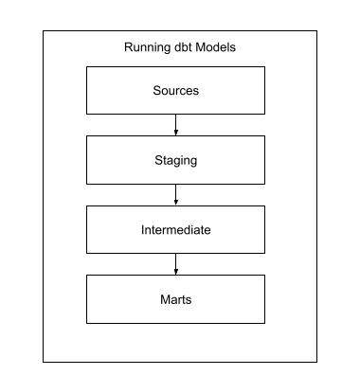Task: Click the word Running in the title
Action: pyautogui.click(x=148, y=48)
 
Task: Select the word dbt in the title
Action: pyautogui.click(x=183, y=47)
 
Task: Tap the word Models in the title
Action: pyautogui.click(x=216, y=47)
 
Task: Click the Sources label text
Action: pyautogui.click(x=176, y=91)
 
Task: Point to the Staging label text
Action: pyautogui.click(x=176, y=161)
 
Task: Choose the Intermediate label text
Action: pyautogui.click(x=176, y=230)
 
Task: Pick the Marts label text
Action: pyautogui.click(x=176, y=299)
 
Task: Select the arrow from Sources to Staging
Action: pyautogui.click(x=176, y=125)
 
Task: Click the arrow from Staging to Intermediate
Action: pyautogui.click(x=176, y=195)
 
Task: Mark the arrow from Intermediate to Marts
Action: pyautogui.click(x=176, y=264)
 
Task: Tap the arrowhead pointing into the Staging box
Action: pyautogui.click(x=176, y=133)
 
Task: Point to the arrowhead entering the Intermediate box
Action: pyautogui.click(x=176, y=203)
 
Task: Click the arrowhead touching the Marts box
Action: pyautogui.click(x=176, y=272)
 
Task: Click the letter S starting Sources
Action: pyautogui.click(x=157, y=91)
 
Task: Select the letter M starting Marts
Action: pyautogui.click(x=165, y=299)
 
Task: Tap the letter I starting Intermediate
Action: pyautogui.click(x=142, y=230)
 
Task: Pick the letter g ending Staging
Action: pyautogui.click(x=194, y=162)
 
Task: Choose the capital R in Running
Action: pyautogui.click(x=129, y=47)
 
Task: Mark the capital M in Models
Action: pyautogui.click(x=201, y=47)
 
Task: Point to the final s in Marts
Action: pyautogui.click(x=189, y=300)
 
